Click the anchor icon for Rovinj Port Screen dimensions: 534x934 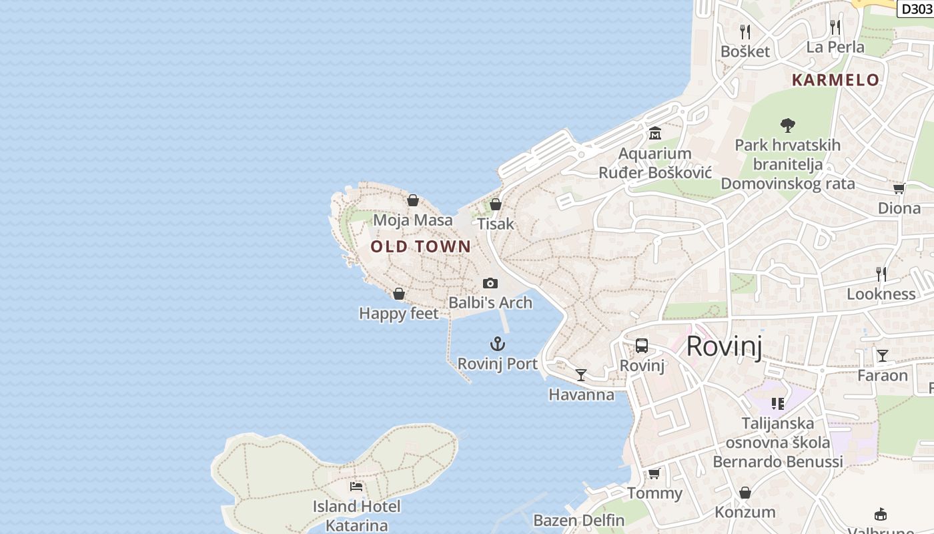coord(498,344)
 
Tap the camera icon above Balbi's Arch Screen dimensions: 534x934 coord(490,283)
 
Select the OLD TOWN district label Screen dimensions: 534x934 coord(421,246)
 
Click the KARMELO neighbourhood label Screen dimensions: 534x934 coord(835,80)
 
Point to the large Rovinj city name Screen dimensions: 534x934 coord(724,346)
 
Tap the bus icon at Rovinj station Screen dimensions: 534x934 coord(642,346)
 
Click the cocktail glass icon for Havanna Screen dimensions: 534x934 coord(581,375)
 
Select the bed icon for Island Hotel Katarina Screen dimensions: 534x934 coord(356,487)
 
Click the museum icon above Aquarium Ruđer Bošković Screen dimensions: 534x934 coord(654,133)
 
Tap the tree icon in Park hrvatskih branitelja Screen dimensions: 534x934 coord(788,125)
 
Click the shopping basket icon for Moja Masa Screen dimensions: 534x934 coord(413,200)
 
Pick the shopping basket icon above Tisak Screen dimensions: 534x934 coord(496,204)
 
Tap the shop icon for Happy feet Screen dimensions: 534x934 coord(399,294)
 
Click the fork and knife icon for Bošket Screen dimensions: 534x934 coord(745,31)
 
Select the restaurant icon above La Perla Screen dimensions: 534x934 coord(835,27)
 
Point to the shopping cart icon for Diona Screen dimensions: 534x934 coord(899,188)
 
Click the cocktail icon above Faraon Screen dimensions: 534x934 coord(883,356)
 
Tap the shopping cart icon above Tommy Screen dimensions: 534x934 coord(654,473)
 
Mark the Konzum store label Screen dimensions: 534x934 coord(745,512)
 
